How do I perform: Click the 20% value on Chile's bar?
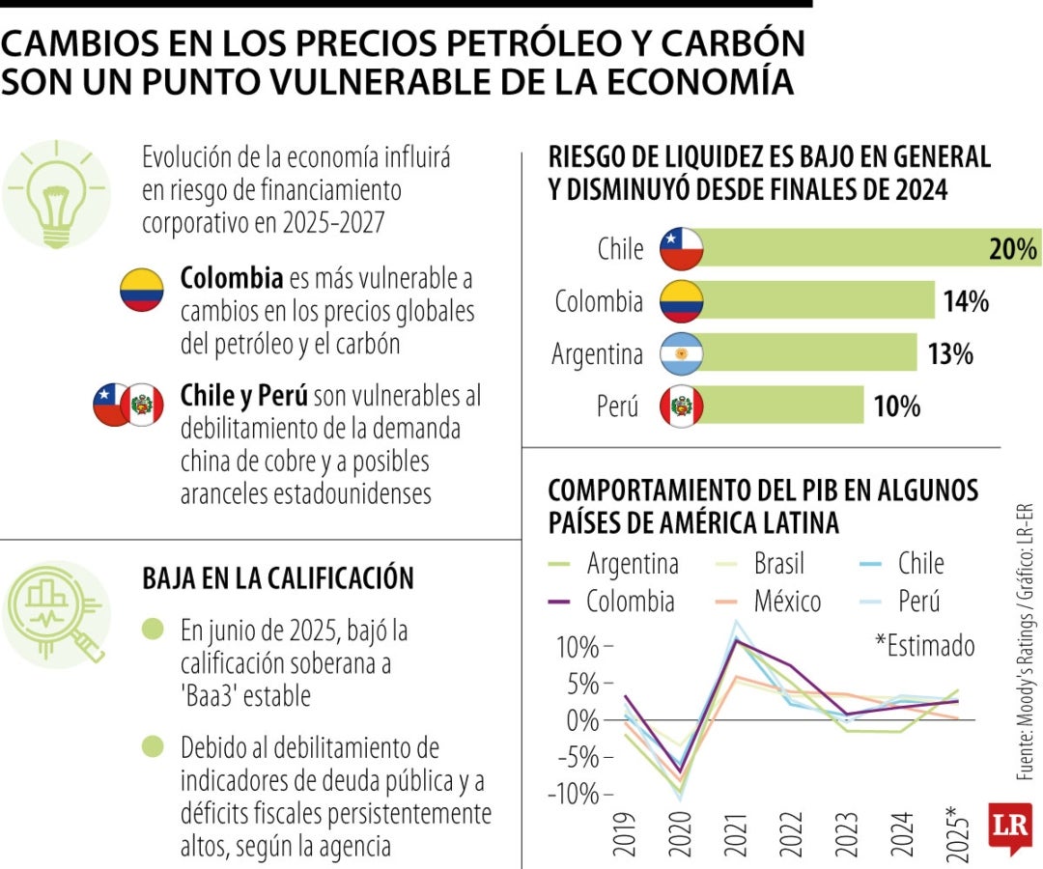click(1012, 250)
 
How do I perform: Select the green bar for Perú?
click(782, 405)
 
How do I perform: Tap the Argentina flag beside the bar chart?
click(681, 353)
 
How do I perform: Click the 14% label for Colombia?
click(966, 302)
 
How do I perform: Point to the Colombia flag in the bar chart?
click(681, 301)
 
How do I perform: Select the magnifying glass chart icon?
click(57, 611)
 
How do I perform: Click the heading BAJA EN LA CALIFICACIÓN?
click(278, 578)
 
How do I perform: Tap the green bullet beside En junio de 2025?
click(153, 631)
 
